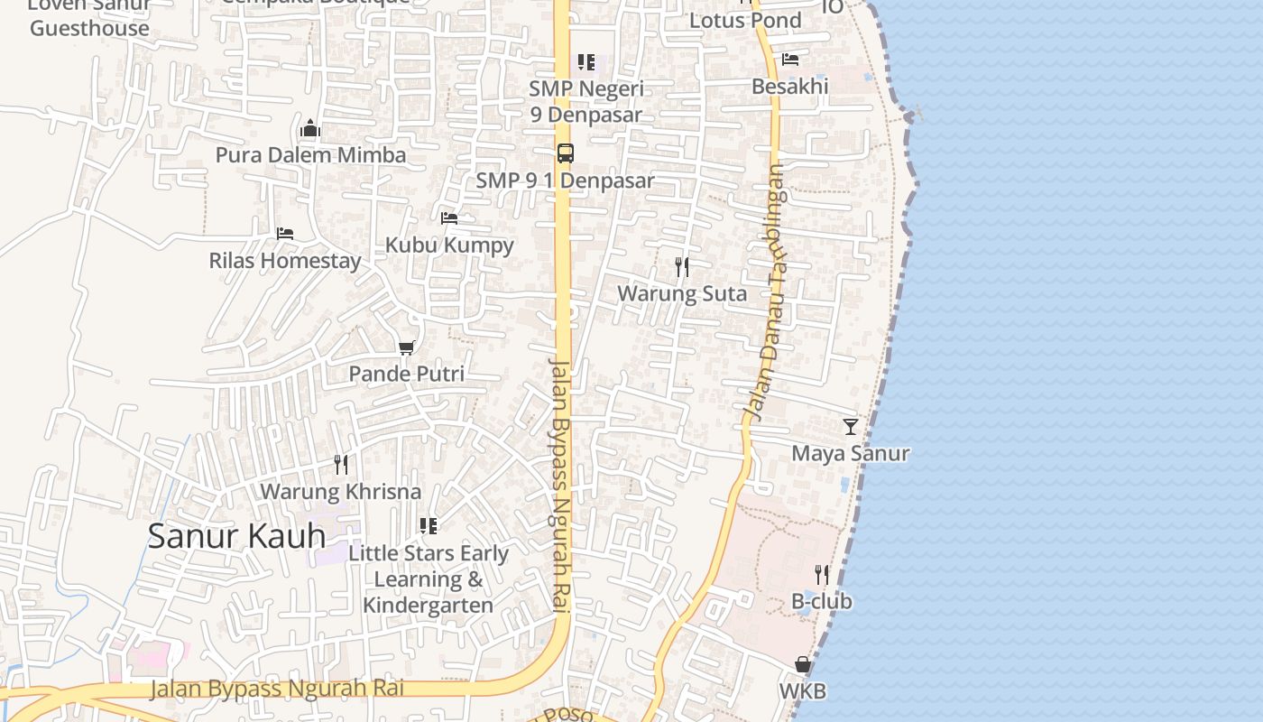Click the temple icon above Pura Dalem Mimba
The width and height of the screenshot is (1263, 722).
[310, 128]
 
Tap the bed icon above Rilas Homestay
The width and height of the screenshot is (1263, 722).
[285, 234]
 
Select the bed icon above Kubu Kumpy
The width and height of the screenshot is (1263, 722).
[449, 218]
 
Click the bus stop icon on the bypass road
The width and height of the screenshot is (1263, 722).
[566, 153]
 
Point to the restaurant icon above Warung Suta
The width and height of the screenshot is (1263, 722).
[682, 267]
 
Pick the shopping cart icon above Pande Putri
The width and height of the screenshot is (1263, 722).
[407, 347]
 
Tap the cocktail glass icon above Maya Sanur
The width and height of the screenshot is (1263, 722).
[850, 426]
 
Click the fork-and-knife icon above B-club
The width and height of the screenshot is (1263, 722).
[821, 574]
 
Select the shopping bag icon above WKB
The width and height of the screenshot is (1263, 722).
[802, 665]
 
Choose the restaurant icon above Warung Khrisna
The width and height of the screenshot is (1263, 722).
[341, 465]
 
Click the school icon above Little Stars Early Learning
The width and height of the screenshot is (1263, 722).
[429, 526]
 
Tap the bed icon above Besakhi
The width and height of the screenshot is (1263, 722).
[790, 60]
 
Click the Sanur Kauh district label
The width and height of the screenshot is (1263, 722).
[236, 536]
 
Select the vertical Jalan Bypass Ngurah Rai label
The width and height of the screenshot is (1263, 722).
[561, 487]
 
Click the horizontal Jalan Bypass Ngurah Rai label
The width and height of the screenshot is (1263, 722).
[276, 689]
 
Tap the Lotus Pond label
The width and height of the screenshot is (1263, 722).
[745, 20]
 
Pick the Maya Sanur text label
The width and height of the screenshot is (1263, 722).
[850, 453]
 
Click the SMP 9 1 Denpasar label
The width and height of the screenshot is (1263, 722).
[565, 180]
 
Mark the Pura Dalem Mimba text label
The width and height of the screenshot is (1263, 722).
[310, 155]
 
